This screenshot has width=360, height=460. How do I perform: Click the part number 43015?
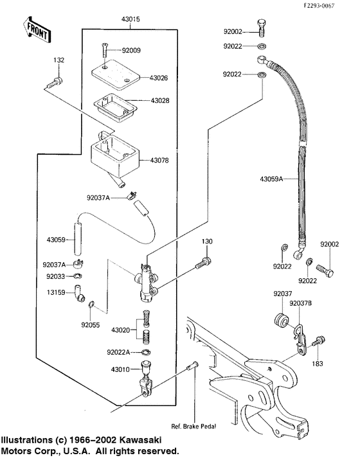(x=130, y=20)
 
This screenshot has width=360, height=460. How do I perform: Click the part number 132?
(x=59, y=60)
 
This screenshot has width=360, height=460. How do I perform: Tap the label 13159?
(x=55, y=291)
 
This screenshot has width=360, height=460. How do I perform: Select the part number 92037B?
(x=300, y=304)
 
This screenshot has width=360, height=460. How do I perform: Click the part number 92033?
(x=55, y=276)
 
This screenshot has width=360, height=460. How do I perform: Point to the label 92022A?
(x=120, y=351)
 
